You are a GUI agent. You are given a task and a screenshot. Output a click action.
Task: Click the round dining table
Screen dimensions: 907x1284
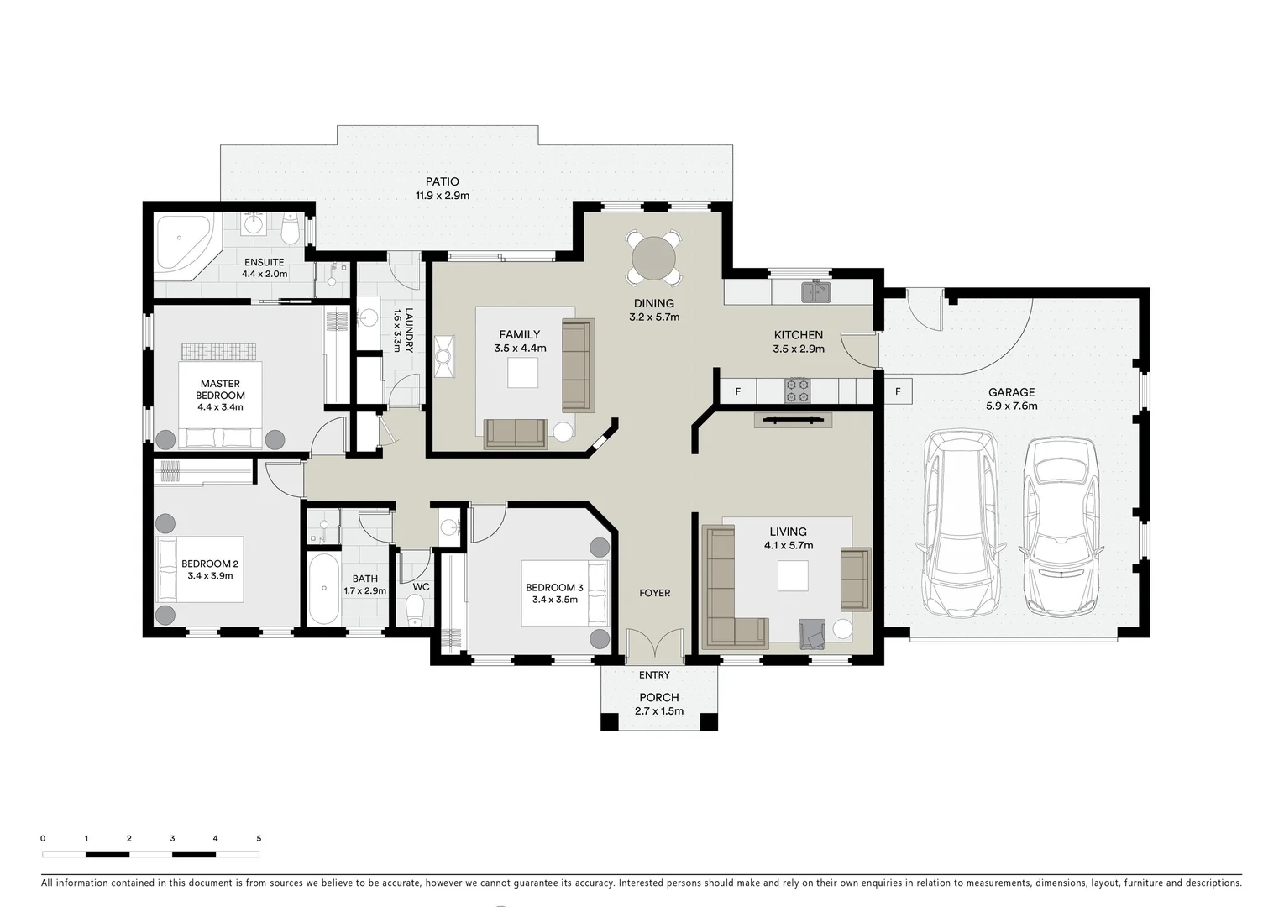click(x=653, y=257)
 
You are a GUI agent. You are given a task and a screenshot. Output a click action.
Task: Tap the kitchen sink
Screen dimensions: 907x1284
click(x=815, y=292)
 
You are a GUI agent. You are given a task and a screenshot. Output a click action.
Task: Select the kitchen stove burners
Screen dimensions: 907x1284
click(x=797, y=391)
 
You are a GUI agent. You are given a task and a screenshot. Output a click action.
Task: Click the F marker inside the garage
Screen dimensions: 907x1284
click(x=898, y=391)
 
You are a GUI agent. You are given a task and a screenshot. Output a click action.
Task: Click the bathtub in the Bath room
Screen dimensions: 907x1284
click(x=322, y=588)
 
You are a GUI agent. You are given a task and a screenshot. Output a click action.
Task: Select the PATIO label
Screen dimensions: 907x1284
click(x=442, y=181)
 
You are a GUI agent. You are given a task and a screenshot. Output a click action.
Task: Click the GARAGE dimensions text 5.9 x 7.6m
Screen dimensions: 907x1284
click(x=1011, y=406)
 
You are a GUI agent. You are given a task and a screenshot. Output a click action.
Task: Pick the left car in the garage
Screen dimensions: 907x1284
click(x=960, y=523)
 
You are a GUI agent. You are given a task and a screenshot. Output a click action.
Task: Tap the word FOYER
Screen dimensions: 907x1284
click(x=654, y=593)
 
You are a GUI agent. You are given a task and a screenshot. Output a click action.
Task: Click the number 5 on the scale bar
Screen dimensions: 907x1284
click(x=259, y=838)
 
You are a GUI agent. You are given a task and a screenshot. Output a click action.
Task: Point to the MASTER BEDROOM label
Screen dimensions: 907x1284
click(x=220, y=390)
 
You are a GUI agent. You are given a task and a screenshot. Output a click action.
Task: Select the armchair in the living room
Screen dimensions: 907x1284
click(x=813, y=634)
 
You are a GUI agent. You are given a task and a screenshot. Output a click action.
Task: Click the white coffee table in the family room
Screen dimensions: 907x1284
click(x=522, y=373)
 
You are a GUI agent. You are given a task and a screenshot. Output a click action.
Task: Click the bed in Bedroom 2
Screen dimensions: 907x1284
click(x=200, y=569)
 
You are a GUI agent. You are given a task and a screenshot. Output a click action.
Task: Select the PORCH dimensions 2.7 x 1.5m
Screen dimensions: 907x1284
click(x=658, y=711)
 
